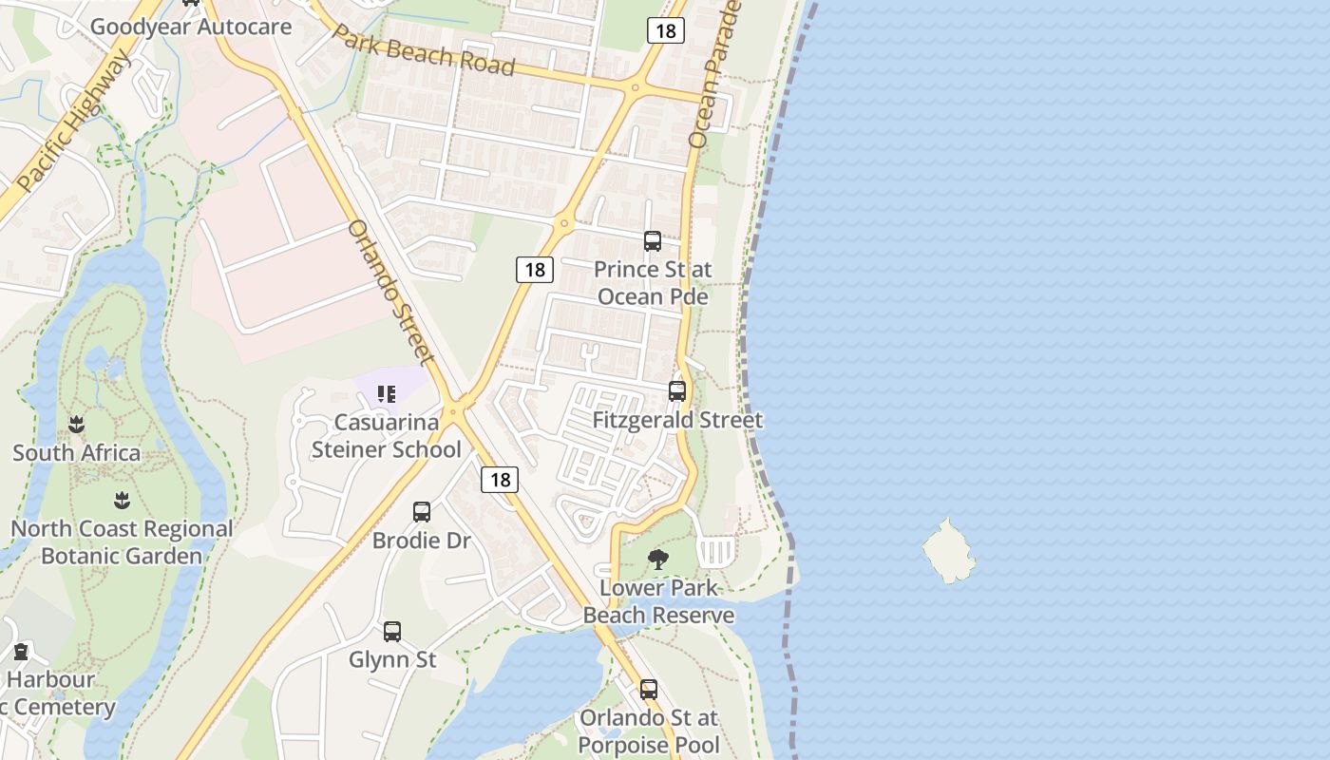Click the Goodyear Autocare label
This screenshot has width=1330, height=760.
coord(190,26)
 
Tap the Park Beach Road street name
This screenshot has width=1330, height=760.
coord(423,49)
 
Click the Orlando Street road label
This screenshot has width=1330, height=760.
coord(390,291)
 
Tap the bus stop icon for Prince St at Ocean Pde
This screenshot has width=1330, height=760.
coord(653,241)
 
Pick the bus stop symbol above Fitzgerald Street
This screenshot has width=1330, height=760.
coord(677,390)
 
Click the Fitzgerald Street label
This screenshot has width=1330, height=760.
coord(677,420)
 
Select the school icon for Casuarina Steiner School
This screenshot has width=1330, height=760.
coord(387,393)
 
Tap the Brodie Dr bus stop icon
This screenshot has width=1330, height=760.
coord(422,512)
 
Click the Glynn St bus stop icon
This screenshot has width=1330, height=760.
coord(392,631)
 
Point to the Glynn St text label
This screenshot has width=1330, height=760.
coord(392,659)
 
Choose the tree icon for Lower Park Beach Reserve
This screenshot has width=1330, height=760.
coord(657,560)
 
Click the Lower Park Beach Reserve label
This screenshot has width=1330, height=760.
coord(658,601)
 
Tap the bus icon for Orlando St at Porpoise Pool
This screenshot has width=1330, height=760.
coord(649,690)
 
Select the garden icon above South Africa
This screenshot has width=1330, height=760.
coord(77,425)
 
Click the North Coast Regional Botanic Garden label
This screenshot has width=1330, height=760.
coord(122,542)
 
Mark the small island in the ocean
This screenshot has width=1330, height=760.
coord(948,551)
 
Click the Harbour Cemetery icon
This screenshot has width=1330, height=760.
coord(21,652)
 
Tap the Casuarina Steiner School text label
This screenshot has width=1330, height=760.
coord(387,436)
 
